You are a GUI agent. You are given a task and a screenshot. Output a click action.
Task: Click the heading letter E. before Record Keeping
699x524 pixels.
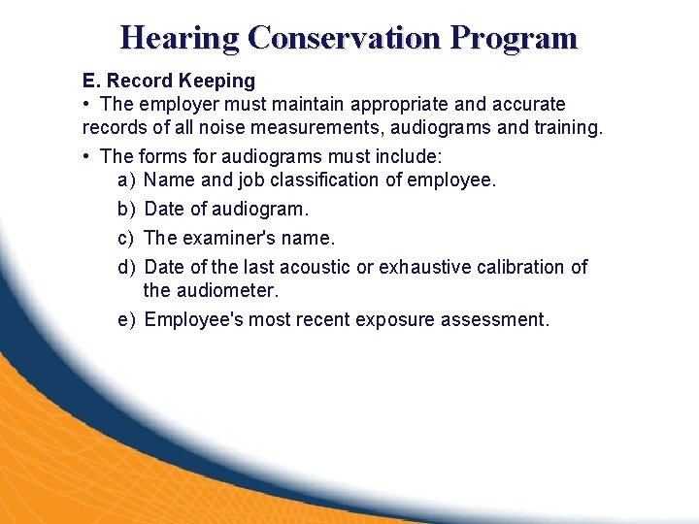pos(91,81)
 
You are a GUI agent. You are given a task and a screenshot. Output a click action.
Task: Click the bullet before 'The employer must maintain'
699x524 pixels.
pos(87,104)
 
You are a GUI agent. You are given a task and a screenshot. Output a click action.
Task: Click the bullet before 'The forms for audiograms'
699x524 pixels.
pos(87,155)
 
